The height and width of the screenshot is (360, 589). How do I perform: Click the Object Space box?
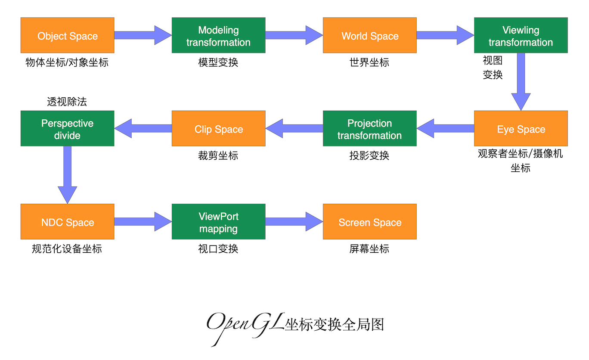[x=68, y=35]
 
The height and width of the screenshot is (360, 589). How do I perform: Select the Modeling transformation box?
[x=218, y=35]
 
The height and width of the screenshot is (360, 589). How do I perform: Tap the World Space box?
[x=370, y=35]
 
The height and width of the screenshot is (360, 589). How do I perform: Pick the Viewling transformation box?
[x=521, y=35]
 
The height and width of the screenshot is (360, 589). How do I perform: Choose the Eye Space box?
[x=521, y=128]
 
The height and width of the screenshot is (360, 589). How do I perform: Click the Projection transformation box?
[x=370, y=128]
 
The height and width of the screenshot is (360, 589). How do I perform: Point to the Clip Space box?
[x=218, y=128]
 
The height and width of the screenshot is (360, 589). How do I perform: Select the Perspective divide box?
[x=68, y=128]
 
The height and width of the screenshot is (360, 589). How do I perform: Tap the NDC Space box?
[x=68, y=221]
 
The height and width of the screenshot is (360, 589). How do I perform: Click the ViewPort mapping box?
[x=218, y=221]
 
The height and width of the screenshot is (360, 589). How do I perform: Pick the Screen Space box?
[x=370, y=221]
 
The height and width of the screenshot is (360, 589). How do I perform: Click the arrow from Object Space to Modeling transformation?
[x=143, y=35]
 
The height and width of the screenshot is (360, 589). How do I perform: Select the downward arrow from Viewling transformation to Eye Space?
[x=521, y=81]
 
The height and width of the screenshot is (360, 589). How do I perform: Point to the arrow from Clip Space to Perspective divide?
[x=143, y=128]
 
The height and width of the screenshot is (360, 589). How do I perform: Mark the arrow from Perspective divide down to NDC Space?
[x=68, y=174]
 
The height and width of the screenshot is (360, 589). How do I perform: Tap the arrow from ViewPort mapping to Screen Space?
[x=294, y=221]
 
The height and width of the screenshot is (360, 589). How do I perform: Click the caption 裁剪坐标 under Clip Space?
[x=218, y=155]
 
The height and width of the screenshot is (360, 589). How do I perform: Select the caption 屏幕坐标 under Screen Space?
[x=369, y=248]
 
